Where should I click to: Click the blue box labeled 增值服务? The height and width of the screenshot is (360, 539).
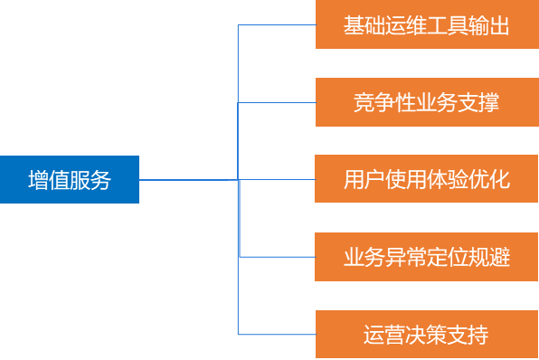click(x=70, y=179)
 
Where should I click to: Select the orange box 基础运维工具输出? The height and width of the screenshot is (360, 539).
click(x=426, y=25)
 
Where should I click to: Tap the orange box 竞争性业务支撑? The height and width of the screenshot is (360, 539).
click(x=426, y=102)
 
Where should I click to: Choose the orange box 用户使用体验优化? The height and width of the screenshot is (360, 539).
click(x=426, y=179)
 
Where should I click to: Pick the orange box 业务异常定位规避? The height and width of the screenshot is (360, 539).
click(x=426, y=257)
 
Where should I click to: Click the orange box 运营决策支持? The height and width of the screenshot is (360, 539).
click(x=426, y=334)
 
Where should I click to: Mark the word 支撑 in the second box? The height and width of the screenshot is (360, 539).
click(x=478, y=102)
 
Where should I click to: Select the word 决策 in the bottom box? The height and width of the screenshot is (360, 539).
click(x=426, y=334)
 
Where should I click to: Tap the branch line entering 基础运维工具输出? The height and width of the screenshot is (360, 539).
click(x=276, y=25)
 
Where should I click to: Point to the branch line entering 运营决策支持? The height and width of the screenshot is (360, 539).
click(x=276, y=334)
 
